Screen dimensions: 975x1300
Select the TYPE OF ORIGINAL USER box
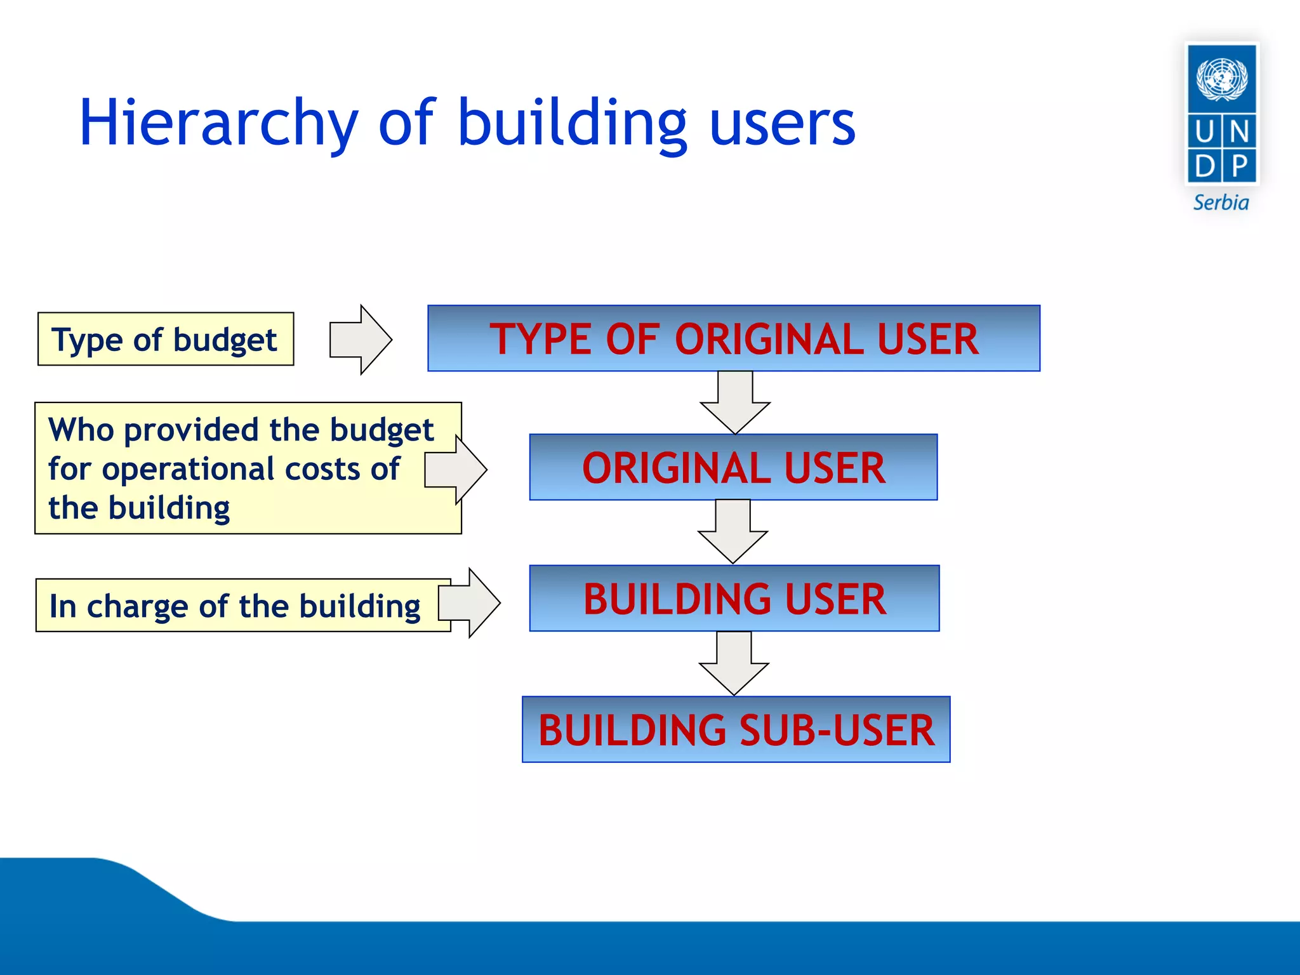click(734, 338)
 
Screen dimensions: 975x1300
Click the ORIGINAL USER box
click(733, 468)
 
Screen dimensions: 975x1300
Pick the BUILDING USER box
click(734, 599)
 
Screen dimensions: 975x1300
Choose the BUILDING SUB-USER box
click(736, 729)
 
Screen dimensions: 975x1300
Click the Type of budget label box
click(165, 339)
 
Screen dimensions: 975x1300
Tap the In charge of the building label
click(235, 606)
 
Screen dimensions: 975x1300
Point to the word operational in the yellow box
click(188, 469)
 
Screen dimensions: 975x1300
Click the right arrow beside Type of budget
click(360, 340)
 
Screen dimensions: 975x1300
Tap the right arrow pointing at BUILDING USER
click(469, 603)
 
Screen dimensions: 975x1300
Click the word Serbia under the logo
click(1221, 203)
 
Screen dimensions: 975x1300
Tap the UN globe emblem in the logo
click(1221, 79)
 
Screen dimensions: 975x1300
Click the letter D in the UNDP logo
click(1204, 166)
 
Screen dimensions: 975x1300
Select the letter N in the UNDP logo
click(1239, 132)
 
